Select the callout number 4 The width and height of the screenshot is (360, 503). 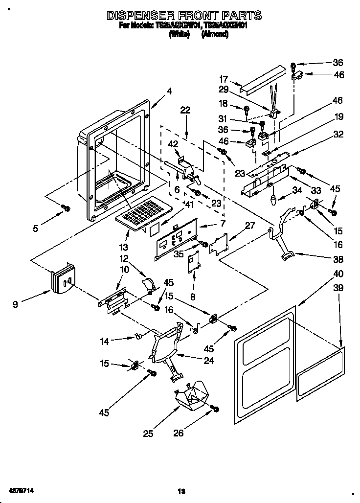point(169,91)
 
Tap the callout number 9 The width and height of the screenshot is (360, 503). point(16,304)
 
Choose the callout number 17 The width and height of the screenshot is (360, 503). point(224,79)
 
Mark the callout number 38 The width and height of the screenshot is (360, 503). point(338,259)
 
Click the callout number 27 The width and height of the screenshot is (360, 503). point(250,226)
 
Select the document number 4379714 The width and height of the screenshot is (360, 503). point(21,490)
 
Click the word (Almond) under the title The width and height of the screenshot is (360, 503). point(215,34)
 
